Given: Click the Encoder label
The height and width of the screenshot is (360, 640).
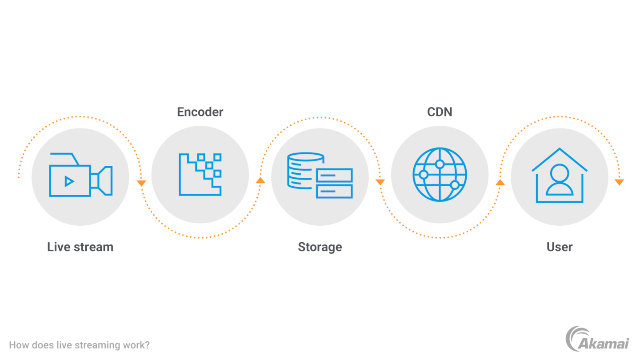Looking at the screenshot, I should pos(200,112).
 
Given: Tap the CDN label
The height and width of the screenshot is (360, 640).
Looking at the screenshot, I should pos(440,112).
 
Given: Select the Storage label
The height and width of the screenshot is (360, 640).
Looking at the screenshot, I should pos(320,247).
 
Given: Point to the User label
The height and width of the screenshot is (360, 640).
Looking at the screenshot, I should pos(559,247).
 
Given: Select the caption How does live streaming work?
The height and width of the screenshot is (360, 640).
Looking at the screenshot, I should pos(79,345).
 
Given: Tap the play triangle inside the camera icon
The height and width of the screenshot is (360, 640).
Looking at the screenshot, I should pos(69,181).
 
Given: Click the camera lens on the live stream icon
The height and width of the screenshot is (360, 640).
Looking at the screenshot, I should pos(105,181).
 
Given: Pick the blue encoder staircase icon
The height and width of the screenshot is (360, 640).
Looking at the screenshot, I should pos(200,175).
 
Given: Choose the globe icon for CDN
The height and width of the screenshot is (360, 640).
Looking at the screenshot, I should pos(440,175).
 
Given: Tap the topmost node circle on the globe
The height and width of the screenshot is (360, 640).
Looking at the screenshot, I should pos(440,164).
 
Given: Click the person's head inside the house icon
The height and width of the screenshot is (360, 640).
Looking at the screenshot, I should pos(559,173).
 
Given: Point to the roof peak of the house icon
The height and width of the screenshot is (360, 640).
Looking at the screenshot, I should pos(559,150).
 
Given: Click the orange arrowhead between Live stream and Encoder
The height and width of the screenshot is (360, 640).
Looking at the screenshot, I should pos(141,183).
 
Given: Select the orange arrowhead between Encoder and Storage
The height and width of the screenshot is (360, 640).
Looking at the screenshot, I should pos(260,180).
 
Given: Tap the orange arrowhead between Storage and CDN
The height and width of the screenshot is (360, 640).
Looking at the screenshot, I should pos(380,182).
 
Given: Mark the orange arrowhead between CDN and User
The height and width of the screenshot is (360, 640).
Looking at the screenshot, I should pos(500,182).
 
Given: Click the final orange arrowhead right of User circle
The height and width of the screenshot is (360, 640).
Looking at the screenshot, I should pos(619,182).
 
